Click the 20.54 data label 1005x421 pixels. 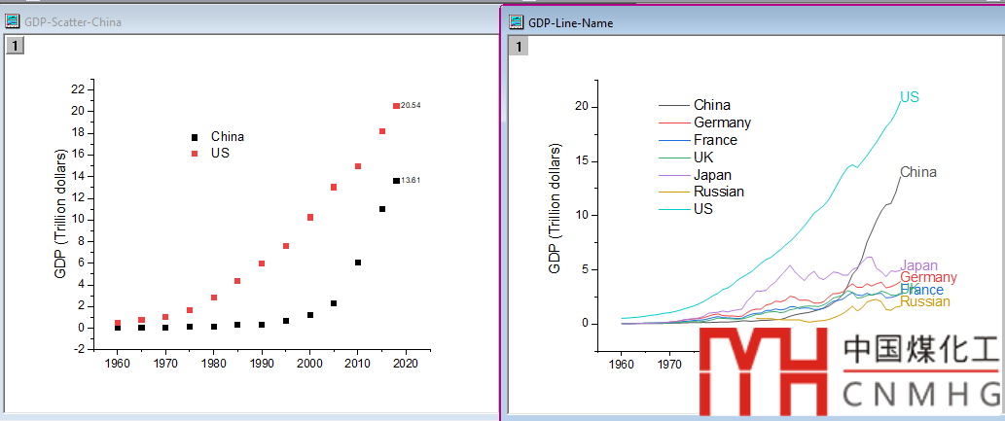click(x=411, y=105)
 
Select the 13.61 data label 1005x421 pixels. click(x=411, y=180)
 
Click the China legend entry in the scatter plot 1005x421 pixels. click(x=228, y=137)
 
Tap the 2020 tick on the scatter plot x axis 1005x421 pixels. click(x=406, y=363)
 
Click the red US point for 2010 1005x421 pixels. click(x=358, y=166)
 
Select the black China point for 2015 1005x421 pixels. click(x=382, y=209)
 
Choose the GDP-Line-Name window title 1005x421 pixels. click(x=570, y=22)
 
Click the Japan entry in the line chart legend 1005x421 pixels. click(x=712, y=175)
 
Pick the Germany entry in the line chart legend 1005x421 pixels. click(x=722, y=123)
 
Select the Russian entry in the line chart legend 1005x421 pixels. click(x=718, y=192)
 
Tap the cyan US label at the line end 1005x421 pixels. click(x=910, y=97)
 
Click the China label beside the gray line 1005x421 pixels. click(x=918, y=172)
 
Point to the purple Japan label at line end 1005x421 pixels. click(x=919, y=265)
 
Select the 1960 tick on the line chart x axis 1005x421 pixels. click(x=623, y=366)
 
